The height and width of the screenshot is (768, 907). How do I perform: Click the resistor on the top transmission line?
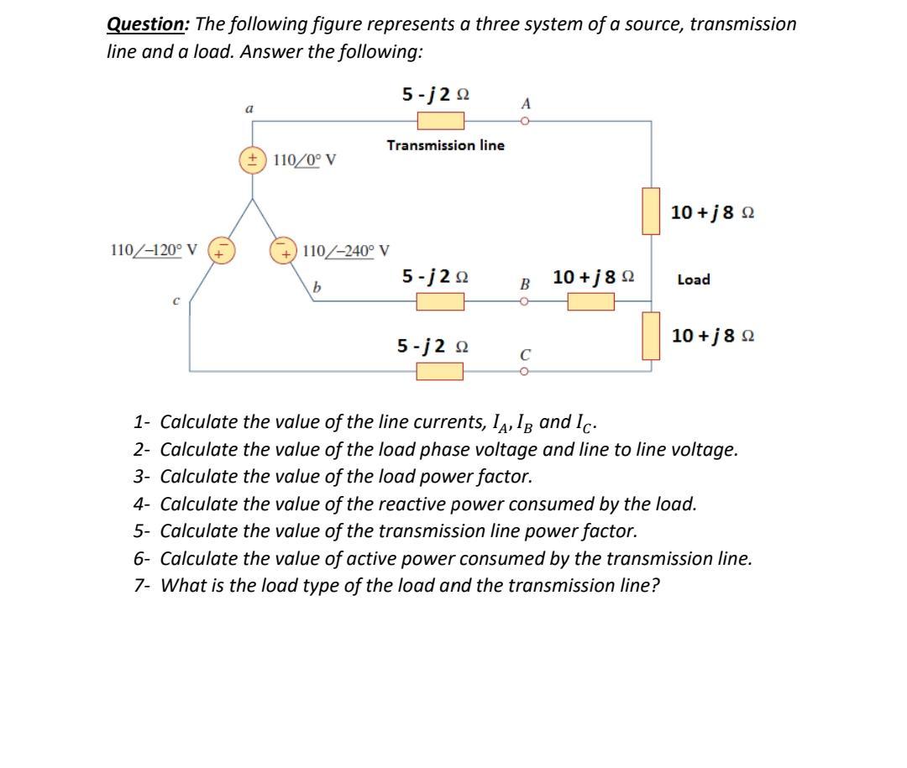pos(441,122)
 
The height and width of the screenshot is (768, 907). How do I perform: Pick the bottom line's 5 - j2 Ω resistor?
pos(440,370)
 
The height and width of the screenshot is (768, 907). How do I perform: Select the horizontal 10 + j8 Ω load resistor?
pos(590,300)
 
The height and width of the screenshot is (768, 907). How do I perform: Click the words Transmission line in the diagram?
pos(445,145)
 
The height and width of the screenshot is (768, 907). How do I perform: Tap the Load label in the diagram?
pos(694,280)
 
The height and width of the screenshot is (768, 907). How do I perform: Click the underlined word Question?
pos(146,24)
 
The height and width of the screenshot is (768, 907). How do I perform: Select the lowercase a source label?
pos(249,108)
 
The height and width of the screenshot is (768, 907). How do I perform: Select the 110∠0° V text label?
pos(304,159)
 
